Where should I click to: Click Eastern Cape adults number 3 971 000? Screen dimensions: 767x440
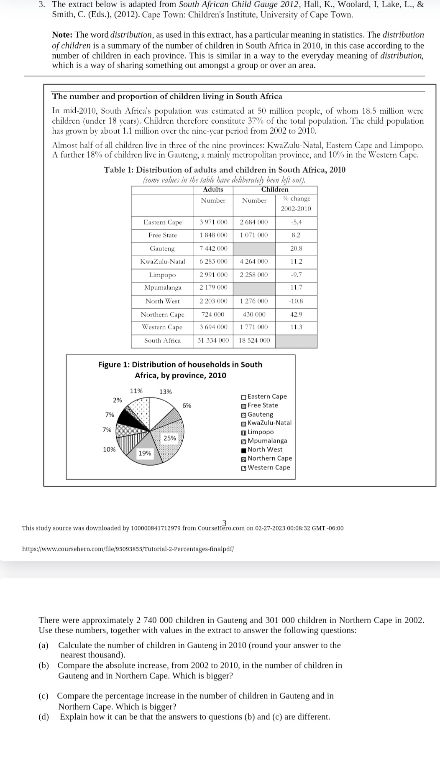tap(213, 222)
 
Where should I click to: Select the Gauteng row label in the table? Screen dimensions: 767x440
tap(162, 248)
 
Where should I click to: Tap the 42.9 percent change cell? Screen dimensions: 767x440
tap(296, 314)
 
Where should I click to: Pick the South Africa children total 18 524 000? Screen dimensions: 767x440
tap(254, 340)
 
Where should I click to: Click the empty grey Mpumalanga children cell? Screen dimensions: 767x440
tap(254, 288)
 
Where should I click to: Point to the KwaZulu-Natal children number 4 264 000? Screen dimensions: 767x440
tap(254, 261)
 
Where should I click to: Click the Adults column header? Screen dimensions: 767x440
tap(213, 189)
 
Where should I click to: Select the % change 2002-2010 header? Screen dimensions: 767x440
tap(296, 204)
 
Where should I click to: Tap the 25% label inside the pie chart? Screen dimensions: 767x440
tap(170, 438)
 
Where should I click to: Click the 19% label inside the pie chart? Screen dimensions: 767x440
tap(145, 453)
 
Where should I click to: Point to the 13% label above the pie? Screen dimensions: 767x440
tap(165, 392)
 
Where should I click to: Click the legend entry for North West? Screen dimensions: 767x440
tap(265, 449)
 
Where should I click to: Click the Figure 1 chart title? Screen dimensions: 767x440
tap(180, 369)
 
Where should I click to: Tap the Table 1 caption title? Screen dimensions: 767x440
tap(224, 170)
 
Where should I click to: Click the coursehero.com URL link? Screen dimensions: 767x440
tap(128, 548)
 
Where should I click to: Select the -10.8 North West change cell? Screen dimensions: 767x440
tap(296, 301)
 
